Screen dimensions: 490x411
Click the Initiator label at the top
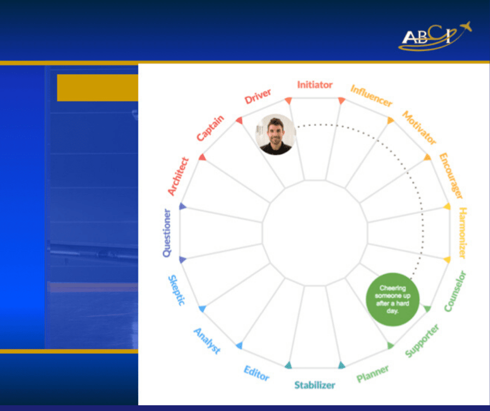315,85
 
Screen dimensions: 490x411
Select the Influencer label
371,96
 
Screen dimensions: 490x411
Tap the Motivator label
419,128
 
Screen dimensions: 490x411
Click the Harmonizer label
462,233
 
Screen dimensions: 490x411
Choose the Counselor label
455,291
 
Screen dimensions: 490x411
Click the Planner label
373,373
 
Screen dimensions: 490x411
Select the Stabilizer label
315,385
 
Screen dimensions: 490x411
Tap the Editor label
256,373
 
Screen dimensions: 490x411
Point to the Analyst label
207,341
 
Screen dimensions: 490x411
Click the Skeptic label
177,291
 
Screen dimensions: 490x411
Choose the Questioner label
167,233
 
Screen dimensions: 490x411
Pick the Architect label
178,176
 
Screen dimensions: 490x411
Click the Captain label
210,128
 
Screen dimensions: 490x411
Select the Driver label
258,96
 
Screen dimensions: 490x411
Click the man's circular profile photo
276,135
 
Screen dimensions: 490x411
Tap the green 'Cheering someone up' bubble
393,299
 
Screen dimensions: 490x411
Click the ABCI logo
435,35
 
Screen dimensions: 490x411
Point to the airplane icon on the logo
465,26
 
